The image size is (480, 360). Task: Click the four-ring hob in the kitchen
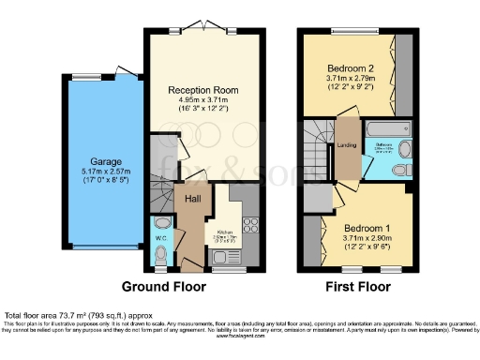point(250,225)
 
